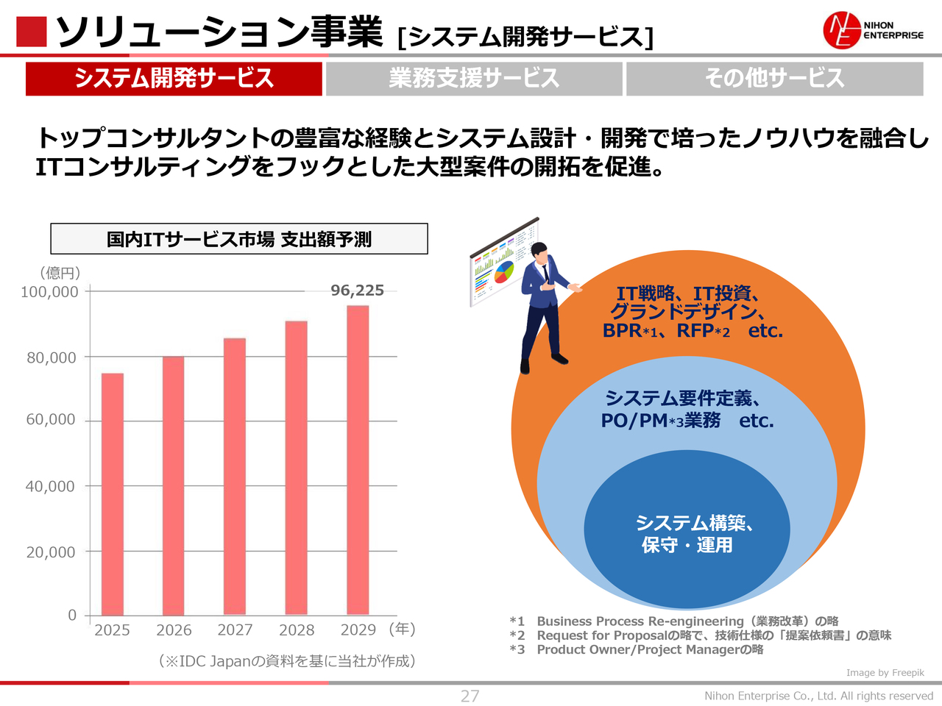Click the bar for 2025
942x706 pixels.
[x=113, y=493]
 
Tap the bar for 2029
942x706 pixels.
[x=358, y=460]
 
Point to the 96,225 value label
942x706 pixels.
[x=357, y=290]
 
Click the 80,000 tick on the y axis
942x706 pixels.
[x=52, y=358]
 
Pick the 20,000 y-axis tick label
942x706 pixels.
[x=51, y=552]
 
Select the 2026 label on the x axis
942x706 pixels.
[x=174, y=630]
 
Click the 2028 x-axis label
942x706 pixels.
[x=297, y=630]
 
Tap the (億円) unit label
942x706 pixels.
[x=60, y=273]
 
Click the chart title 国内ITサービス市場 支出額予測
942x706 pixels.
[x=239, y=239]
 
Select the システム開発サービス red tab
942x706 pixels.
[x=174, y=78]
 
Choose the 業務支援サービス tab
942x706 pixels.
[x=474, y=78]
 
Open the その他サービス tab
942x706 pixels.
[x=774, y=78]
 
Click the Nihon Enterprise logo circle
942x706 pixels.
[x=841, y=31]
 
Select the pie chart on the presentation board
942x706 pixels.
[x=504, y=271]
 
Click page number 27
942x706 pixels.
[x=470, y=696]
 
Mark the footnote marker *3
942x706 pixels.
[x=517, y=649]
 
